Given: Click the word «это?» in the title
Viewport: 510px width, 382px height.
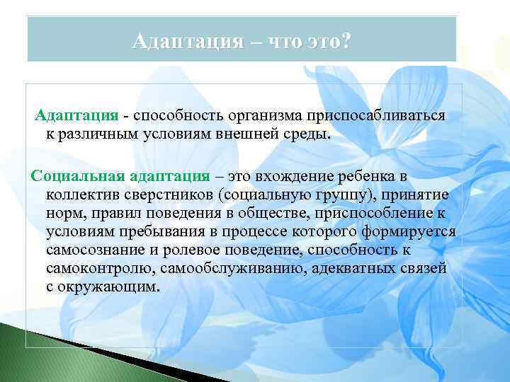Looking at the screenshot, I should (x=325, y=40).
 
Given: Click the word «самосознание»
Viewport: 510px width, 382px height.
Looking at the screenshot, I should (x=92, y=250).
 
